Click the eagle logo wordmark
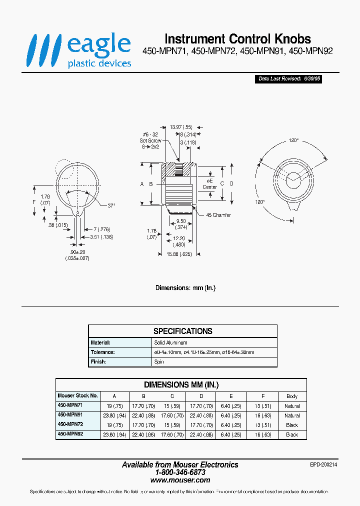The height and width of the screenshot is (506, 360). click(x=98, y=45)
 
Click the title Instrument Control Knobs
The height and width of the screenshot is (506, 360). click(x=237, y=39)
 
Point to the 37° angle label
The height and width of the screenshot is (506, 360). click(x=111, y=205)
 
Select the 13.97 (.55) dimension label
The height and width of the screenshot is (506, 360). click(x=181, y=127)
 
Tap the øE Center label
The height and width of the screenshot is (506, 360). click(x=209, y=183)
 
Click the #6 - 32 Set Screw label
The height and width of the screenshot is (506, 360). click(x=150, y=141)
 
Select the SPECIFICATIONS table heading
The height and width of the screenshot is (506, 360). click(x=182, y=331)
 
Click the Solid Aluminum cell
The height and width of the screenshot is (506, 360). click(x=171, y=343)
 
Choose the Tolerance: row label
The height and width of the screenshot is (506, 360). click(x=103, y=352)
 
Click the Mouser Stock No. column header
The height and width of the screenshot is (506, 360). click(x=77, y=396)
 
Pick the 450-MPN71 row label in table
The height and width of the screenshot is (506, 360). click(x=70, y=406)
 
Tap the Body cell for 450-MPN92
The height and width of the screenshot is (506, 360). click(x=292, y=435)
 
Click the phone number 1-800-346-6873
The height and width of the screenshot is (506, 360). click(x=180, y=472)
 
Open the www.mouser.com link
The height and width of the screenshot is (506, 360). click(x=180, y=479)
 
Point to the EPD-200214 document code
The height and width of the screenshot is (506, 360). click(x=323, y=464)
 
